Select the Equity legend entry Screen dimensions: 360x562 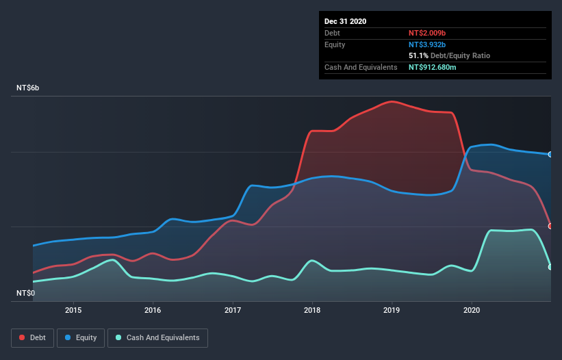tap(81, 337)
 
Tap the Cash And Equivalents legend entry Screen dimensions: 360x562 tap(157, 337)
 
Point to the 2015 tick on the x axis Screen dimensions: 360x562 tap(73, 309)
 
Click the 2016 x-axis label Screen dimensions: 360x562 tap(153, 309)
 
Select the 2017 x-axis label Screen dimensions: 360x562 tap(233, 309)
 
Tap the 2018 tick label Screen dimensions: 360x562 tap(312, 309)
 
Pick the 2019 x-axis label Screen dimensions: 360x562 tap(392, 309)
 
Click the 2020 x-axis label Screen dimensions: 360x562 tap(472, 309)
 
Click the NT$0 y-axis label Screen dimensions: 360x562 tap(26, 293)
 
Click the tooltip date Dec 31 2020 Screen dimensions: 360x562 tap(345, 21)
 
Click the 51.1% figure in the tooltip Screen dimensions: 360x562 tap(419, 55)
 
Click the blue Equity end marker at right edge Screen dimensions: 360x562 tap(550, 154)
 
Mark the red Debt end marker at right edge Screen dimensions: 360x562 tap(550, 226)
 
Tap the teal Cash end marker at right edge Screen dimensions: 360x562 tap(550, 267)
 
